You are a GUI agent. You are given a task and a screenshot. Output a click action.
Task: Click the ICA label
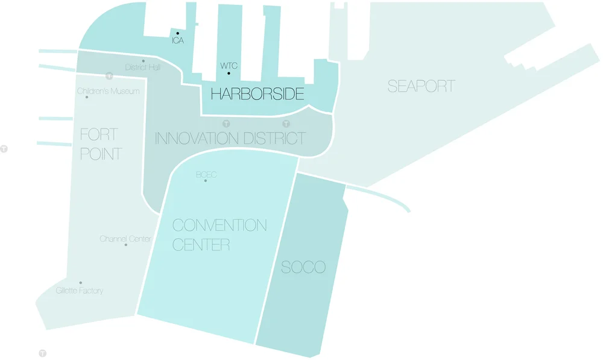pos(177,41)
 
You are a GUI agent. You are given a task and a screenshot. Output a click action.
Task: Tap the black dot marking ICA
pos(177,33)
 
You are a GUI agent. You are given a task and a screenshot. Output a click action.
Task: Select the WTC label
pos(229,65)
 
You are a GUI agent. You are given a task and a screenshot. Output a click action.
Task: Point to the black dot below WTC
pos(229,74)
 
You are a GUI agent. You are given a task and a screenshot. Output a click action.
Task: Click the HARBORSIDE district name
pos(257,94)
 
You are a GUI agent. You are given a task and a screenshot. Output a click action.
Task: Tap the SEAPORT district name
pos(421,86)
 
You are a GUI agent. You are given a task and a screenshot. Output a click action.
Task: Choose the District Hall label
pos(143,68)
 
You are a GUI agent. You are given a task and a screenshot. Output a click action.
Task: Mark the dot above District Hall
pos(143,61)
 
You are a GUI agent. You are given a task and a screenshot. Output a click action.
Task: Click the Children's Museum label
pos(109,91)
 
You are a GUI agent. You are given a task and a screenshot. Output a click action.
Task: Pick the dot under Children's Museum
pos(87,97)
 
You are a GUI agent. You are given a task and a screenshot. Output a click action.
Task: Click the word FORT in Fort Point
pos(99,134)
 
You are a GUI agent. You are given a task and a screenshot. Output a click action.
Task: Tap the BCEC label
pos(206,174)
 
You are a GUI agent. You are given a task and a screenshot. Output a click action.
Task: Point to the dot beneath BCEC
pos(206,181)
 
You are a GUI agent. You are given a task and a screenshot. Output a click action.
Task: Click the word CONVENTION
pos(219,226)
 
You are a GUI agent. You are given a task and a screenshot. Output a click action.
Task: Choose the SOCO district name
pos(303,267)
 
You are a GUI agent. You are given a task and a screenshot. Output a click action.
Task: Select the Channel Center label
pos(125,239)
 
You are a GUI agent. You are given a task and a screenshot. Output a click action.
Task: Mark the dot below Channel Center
pos(126,245)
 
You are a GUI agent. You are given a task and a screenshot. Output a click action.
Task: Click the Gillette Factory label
pos(80,291)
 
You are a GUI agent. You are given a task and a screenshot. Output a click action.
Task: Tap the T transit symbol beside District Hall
pos(109,76)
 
